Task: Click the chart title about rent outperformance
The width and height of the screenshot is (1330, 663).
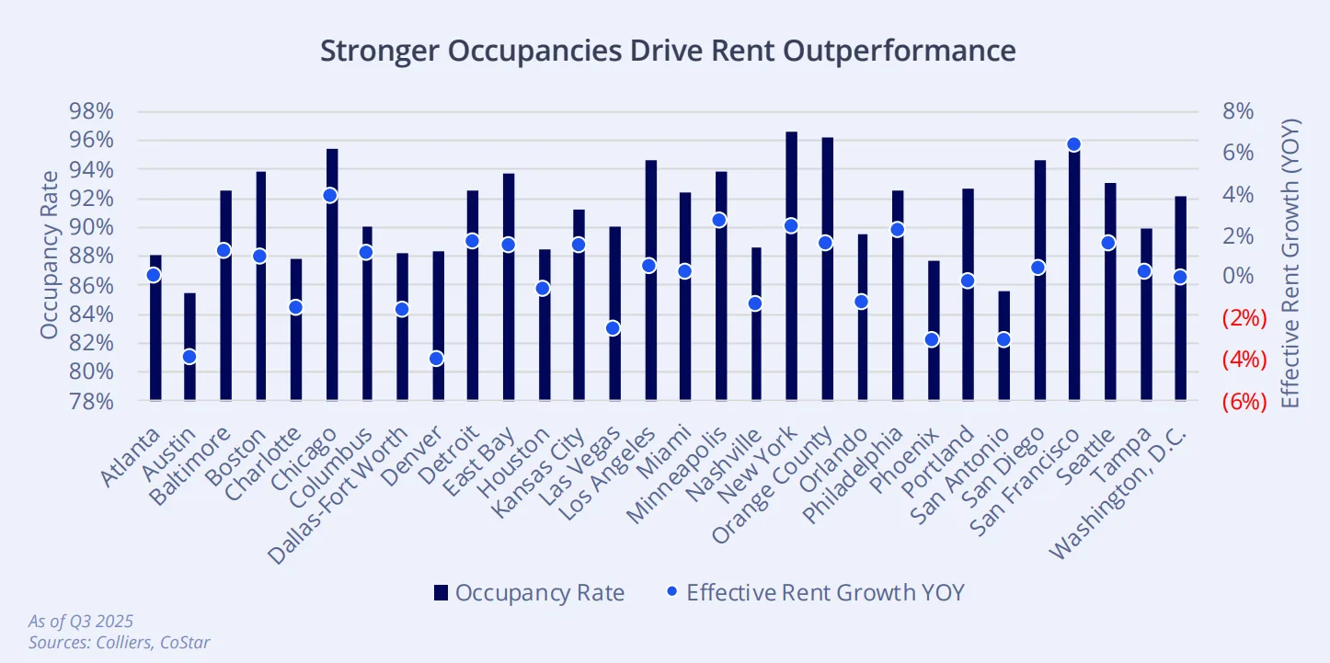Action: (668, 50)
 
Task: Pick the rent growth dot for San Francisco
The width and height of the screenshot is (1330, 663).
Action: (1073, 144)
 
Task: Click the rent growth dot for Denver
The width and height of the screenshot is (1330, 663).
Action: (437, 359)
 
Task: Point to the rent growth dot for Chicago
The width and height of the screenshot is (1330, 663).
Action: (331, 195)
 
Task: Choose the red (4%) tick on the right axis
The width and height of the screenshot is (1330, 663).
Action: (1244, 360)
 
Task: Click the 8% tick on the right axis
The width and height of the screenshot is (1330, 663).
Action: (1238, 111)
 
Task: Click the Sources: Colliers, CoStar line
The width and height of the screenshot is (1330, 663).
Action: (120, 642)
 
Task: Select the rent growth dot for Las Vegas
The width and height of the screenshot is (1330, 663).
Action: (613, 328)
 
